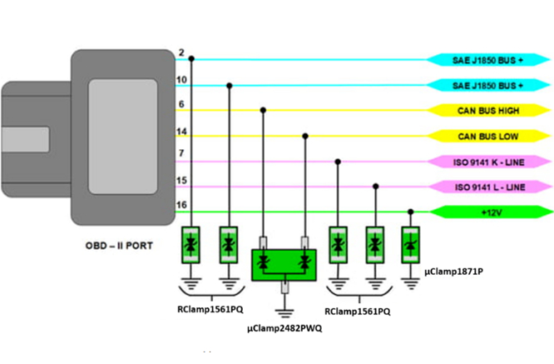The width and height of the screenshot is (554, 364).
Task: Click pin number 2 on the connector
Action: point(181,53)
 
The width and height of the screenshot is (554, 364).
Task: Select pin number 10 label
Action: point(182,79)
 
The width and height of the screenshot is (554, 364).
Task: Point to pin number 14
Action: point(182,132)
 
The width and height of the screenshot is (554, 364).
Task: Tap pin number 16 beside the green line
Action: point(182,205)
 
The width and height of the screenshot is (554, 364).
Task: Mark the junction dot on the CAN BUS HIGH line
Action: point(264,110)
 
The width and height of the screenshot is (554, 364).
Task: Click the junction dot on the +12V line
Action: point(409,212)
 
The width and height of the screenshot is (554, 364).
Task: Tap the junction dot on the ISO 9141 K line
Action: point(338,161)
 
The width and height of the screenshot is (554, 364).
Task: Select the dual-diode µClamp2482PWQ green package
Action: point(284,264)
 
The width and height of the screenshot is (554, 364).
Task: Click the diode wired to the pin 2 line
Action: point(192,246)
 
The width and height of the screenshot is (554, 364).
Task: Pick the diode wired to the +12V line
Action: point(409,246)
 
